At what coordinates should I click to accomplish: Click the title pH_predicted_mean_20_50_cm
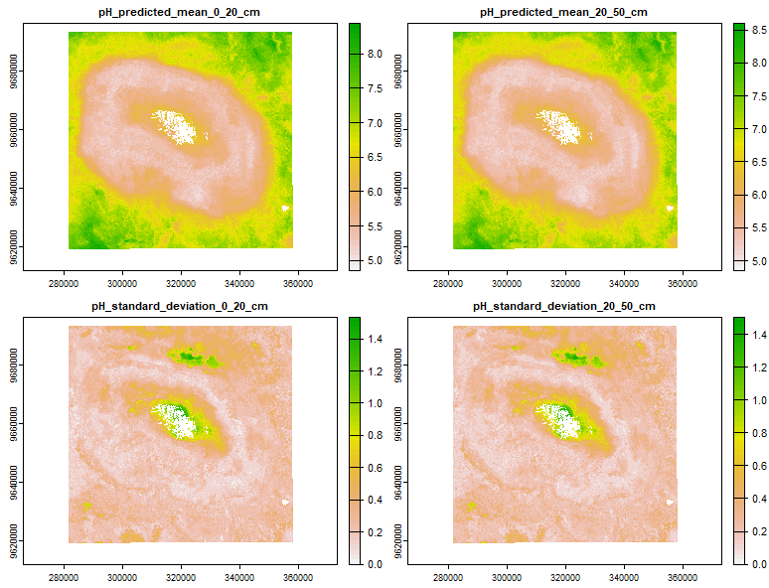pos(564,12)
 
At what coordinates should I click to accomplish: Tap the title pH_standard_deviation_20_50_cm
pos(564,305)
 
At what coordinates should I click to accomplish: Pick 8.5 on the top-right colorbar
pos(759,31)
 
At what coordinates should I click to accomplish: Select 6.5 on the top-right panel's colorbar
pos(759,161)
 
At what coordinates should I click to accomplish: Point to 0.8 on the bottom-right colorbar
pos(759,435)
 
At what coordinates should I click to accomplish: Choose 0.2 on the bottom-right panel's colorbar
pos(759,531)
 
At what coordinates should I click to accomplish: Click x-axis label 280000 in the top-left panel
pos(65,281)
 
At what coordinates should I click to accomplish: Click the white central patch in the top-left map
pos(175,127)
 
